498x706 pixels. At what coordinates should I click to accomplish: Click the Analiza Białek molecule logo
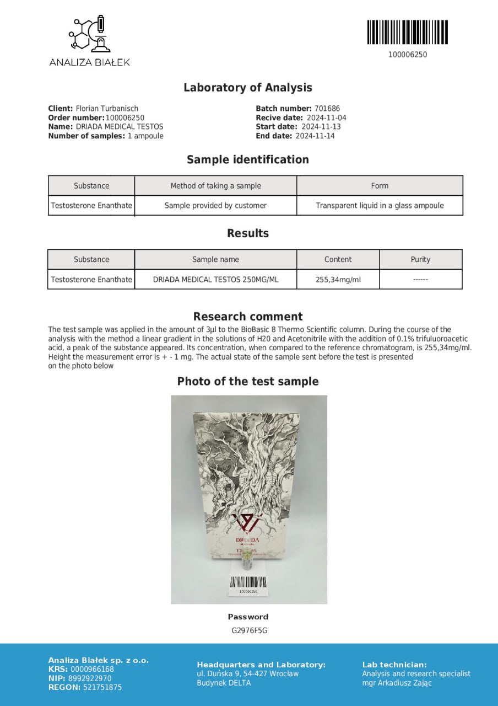(89, 35)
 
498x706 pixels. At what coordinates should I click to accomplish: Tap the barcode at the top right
(407, 32)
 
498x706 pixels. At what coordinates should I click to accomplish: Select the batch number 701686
(327, 109)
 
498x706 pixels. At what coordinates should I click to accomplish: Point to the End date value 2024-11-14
(315, 136)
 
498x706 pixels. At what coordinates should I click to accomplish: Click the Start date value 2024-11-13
(321, 127)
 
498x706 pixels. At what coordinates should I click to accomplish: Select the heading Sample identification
(248, 160)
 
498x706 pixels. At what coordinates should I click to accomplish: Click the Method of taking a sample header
(215, 186)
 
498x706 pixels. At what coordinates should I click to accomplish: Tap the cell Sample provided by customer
(215, 206)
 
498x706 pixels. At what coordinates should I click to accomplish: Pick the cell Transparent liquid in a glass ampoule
(380, 206)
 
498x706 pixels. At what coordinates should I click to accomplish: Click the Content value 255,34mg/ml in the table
(338, 280)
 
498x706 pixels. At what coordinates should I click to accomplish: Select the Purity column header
(420, 259)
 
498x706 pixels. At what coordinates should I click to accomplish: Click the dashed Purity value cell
(420, 280)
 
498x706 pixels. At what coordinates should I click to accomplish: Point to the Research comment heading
(248, 317)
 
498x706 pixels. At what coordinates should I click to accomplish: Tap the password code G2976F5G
(249, 630)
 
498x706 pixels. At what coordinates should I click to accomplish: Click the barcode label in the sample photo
(248, 585)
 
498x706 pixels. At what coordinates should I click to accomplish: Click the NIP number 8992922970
(90, 678)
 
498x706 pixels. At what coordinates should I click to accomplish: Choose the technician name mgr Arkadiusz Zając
(397, 683)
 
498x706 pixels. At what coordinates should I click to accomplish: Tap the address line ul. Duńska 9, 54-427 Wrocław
(248, 673)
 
